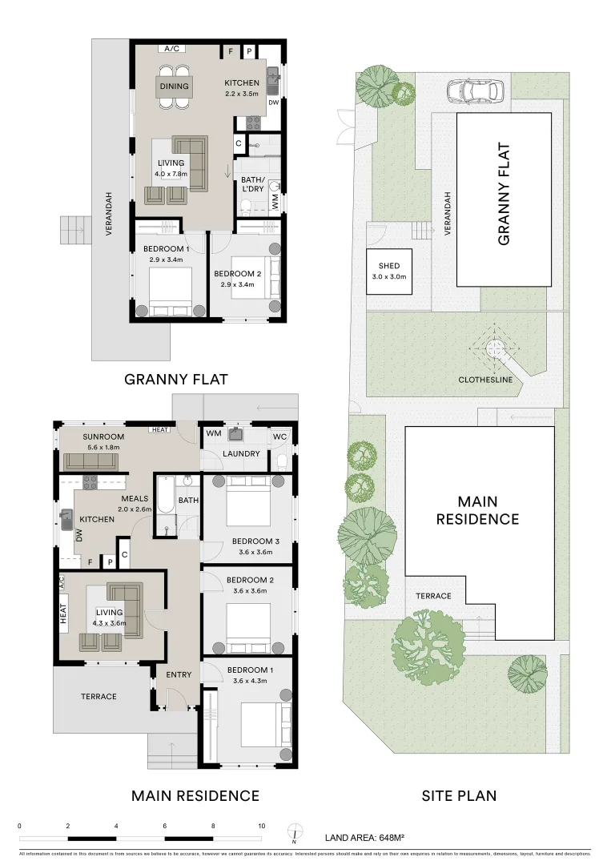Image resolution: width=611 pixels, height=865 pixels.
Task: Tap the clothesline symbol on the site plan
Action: pos(494,348)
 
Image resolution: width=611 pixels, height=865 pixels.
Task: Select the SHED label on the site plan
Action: pos(389,267)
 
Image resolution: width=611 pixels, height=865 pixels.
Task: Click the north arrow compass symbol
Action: pos(295,834)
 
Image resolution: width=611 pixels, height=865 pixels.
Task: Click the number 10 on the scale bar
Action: pos(262,826)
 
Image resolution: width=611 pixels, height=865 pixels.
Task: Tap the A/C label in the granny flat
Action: pos(171,49)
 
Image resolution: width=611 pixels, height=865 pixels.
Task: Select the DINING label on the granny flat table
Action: pos(174,86)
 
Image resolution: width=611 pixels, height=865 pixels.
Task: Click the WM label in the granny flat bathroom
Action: pos(275,203)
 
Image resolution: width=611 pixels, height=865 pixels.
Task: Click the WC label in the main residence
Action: pos(279,437)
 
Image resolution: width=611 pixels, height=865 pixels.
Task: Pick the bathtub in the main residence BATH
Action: pos(163,496)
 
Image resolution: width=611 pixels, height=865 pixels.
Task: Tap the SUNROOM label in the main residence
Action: pos(103,437)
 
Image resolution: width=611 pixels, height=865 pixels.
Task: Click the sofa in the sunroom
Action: pos(90,461)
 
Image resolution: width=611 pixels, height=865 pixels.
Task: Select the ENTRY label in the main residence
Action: pos(179,674)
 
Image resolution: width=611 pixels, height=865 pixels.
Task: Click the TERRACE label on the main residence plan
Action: pos(98,696)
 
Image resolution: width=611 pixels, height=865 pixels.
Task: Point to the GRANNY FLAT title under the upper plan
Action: pos(176,380)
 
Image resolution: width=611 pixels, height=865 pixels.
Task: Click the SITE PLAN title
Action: pos(459,795)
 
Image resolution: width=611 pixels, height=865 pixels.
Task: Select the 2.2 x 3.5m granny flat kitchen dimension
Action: pos(241,94)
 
